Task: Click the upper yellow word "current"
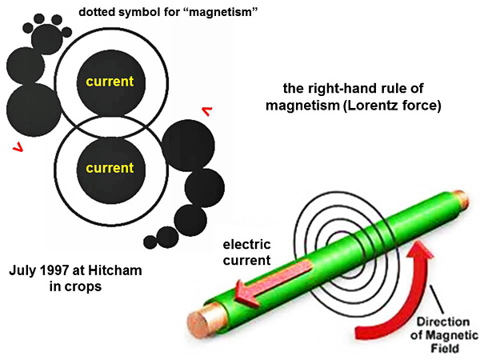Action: click(110, 82)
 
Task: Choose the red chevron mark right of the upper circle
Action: click(206, 113)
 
